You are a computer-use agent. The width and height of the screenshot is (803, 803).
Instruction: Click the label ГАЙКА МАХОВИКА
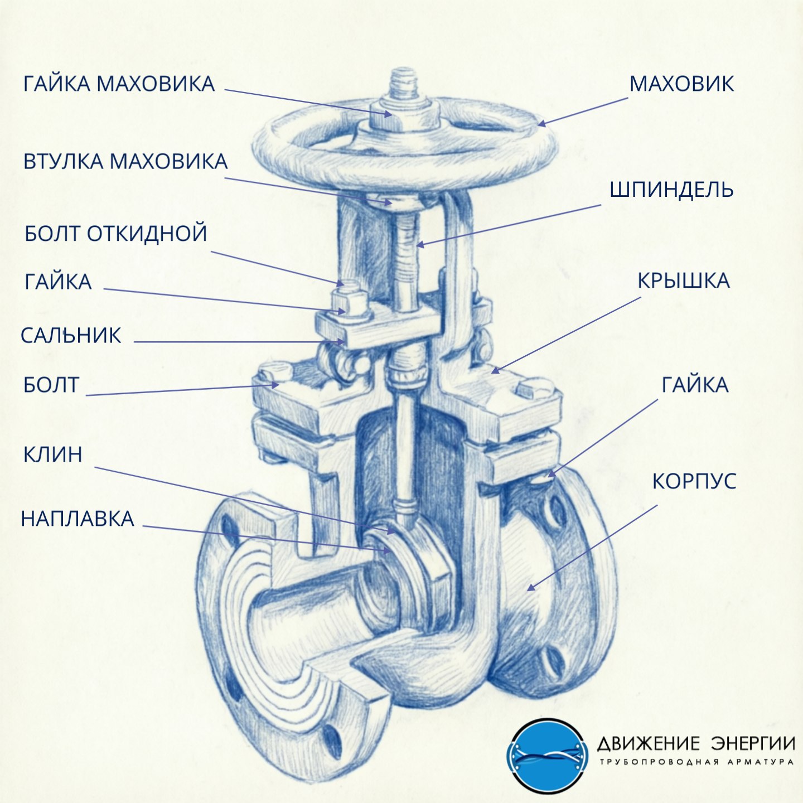119,84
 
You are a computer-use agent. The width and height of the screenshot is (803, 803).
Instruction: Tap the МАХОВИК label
681,84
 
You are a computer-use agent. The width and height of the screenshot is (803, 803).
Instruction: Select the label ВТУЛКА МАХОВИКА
125,162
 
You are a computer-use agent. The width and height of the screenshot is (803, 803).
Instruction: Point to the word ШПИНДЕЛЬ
671,190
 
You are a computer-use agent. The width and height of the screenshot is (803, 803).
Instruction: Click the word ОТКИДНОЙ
147,233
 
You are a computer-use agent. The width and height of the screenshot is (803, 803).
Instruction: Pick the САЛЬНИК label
71,336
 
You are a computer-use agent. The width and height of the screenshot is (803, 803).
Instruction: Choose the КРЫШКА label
684,281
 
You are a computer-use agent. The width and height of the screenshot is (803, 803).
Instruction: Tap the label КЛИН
52,454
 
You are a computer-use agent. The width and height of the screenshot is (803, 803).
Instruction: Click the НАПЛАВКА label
78,519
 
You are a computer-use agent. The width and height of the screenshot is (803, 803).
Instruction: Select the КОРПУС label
694,481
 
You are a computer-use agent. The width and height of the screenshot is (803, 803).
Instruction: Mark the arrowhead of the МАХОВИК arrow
540,123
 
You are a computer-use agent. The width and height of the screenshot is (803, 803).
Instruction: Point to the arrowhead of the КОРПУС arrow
530,588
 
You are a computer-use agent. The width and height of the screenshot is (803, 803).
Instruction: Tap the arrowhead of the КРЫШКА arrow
495,370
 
